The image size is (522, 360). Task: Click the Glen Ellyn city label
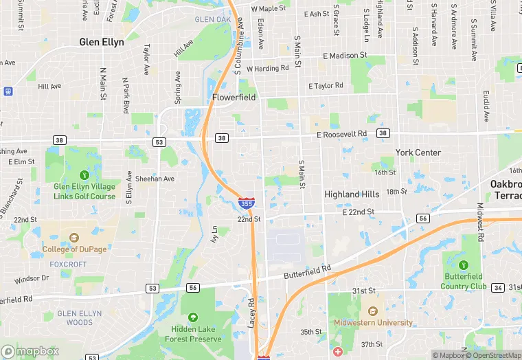tap(102, 42)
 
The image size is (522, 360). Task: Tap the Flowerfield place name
tap(234, 98)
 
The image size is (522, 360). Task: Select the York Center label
tap(418, 153)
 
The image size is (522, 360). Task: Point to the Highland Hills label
tap(352, 194)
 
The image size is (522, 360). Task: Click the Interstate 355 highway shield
tap(245, 203)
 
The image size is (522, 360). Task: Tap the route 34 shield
tap(497, 287)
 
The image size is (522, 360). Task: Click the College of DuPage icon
tap(73, 238)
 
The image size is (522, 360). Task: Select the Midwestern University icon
tap(373, 311)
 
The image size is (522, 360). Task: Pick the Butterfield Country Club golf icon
tap(464, 265)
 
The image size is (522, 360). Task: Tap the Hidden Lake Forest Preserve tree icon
tap(193, 317)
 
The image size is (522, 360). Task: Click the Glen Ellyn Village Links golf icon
tap(84, 174)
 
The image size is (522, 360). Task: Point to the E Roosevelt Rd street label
tap(342, 134)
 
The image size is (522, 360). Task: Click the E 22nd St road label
tap(358, 212)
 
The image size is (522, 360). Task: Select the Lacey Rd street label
tap(252, 313)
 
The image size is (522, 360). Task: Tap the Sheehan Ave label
tap(155, 179)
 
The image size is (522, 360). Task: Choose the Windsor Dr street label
tap(32, 278)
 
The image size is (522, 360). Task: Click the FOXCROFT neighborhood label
tap(68, 262)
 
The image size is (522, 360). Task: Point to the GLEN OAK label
tap(213, 19)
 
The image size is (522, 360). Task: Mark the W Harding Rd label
tap(267, 69)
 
